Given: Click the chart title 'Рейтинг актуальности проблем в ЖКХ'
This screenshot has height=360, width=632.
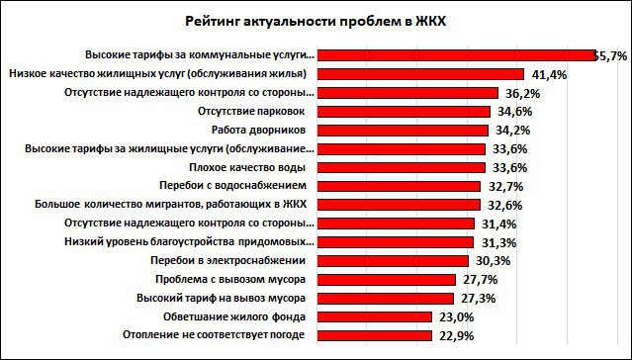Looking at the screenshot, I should (316, 21).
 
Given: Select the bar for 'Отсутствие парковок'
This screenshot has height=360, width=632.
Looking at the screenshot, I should (406, 111).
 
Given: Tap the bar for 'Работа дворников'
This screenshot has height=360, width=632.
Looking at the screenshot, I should (405, 130).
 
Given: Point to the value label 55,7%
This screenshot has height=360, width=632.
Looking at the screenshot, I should (610, 55).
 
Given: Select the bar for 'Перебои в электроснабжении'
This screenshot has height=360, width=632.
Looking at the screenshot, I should (395, 260).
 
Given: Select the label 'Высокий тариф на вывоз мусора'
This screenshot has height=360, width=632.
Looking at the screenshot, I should (232, 297).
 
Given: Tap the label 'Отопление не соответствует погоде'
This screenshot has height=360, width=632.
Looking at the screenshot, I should (226, 334).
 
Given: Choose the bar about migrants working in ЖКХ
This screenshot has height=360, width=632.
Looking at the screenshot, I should (401, 204).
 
